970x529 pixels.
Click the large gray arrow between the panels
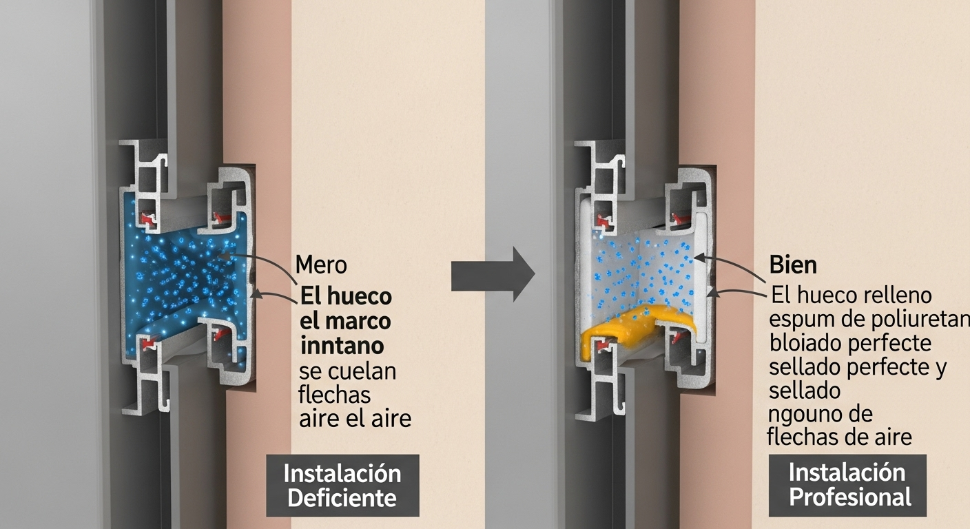(x=493, y=274)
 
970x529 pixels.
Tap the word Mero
(x=321, y=264)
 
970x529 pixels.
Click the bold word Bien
(x=793, y=264)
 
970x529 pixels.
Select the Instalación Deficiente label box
(x=342, y=486)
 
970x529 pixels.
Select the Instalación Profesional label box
(x=847, y=486)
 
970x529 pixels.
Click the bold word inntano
(x=342, y=346)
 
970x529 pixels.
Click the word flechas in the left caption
(x=335, y=395)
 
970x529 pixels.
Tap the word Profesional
(x=851, y=497)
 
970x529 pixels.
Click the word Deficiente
(x=342, y=498)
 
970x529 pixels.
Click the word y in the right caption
(x=940, y=369)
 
